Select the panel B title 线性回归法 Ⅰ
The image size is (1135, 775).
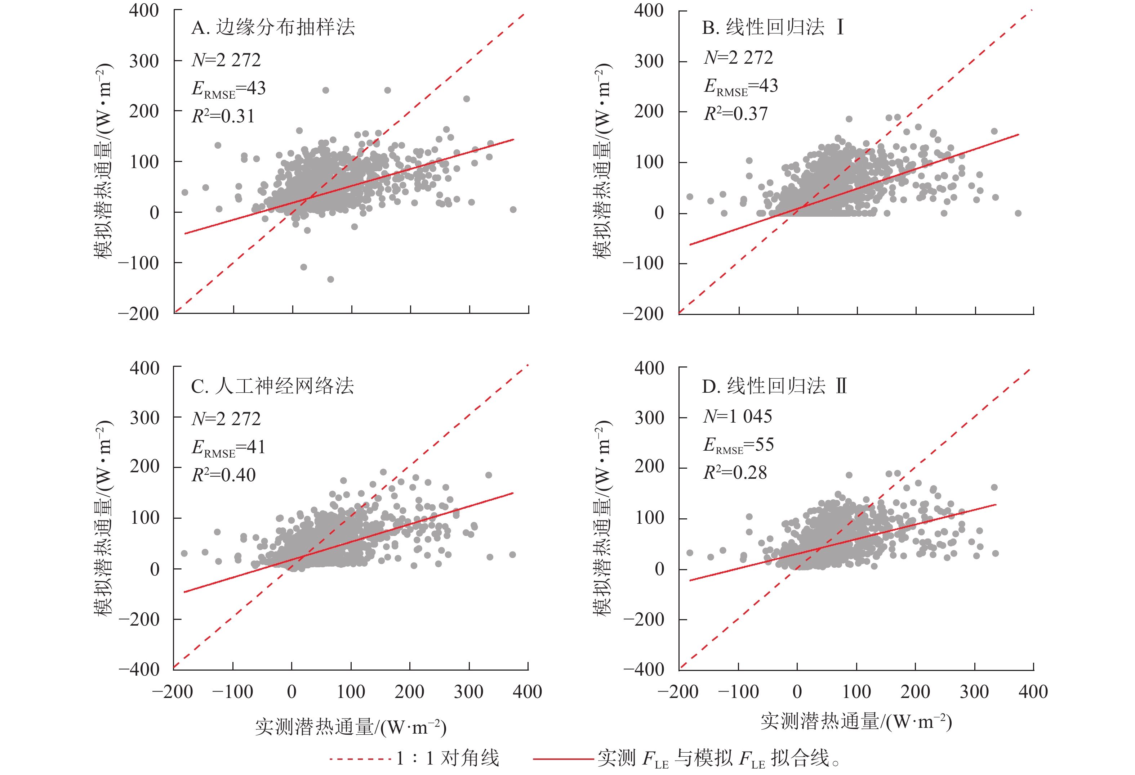[773, 27]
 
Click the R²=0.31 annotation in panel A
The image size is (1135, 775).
[223, 116]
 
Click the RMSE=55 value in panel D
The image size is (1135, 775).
[738, 445]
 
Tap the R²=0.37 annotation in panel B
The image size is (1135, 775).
[735, 114]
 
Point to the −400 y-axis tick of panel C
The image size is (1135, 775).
[139, 669]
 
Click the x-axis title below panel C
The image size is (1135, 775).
[351, 727]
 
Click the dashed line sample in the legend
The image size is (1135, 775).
[360, 759]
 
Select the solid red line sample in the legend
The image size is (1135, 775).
[562, 759]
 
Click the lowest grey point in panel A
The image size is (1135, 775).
[331, 279]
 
